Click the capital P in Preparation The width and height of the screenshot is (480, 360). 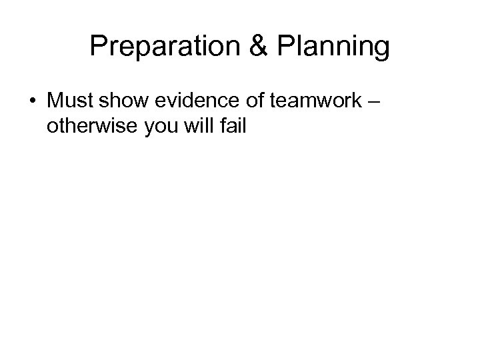point(98,46)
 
